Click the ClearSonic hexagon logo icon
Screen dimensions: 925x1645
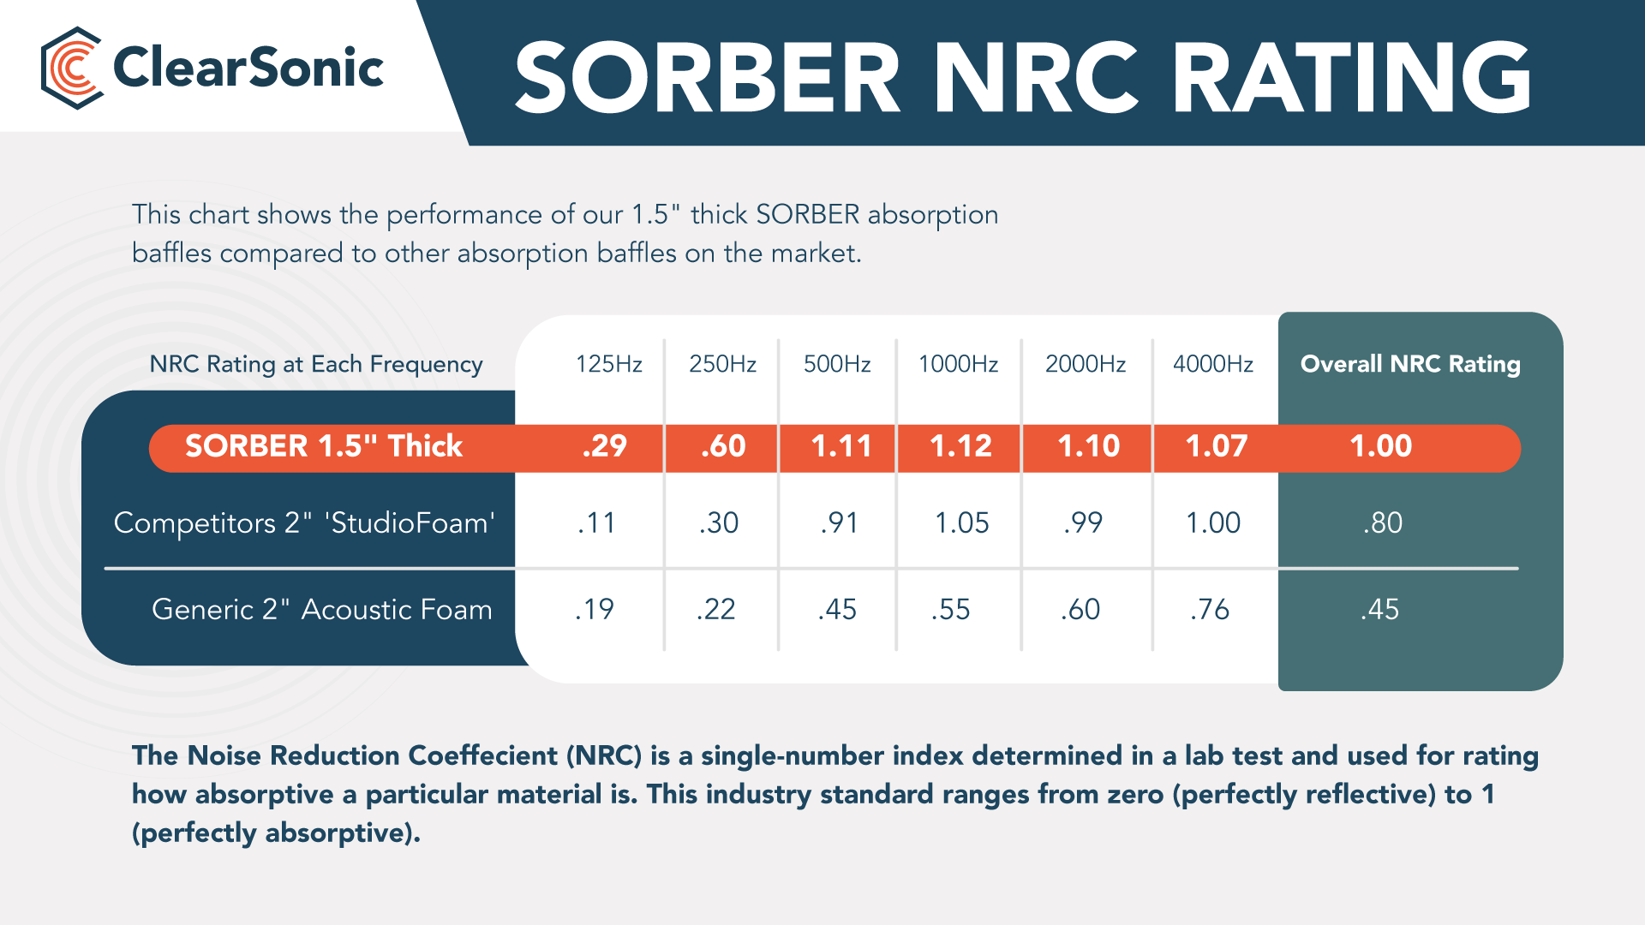click(72, 69)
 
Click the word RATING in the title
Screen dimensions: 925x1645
click(1351, 79)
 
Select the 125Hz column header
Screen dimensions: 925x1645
click(608, 364)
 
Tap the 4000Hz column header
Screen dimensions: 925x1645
click(1212, 364)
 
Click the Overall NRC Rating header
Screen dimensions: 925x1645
click(1409, 364)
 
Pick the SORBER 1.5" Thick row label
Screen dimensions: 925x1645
click(324, 446)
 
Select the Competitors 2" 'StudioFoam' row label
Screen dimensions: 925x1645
click(304, 522)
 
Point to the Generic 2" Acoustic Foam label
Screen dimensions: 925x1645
click(321, 609)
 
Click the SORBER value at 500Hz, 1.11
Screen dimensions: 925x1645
click(841, 446)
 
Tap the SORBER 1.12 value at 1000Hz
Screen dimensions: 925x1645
click(960, 446)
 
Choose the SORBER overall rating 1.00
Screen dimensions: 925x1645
click(1380, 446)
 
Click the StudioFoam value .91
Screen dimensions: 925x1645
click(839, 522)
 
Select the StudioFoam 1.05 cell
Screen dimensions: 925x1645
click(961, 522)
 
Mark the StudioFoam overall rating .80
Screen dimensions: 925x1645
click(1382, 522)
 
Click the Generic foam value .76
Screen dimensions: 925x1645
click(1209, 609)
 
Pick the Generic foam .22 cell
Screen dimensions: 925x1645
click(715, 609)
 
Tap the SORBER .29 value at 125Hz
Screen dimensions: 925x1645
click(604, 446)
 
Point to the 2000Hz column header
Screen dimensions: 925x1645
click(1085, 364)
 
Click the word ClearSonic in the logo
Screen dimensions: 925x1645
click(248, 69)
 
